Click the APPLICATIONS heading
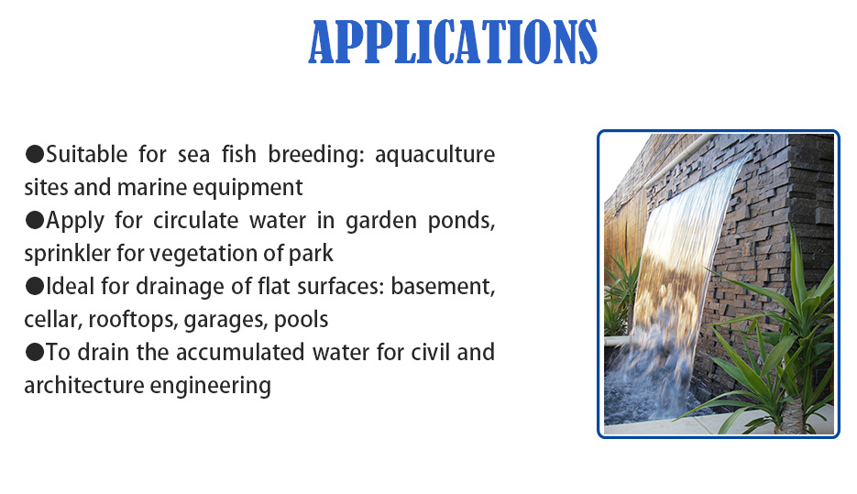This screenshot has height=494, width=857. point(453,41)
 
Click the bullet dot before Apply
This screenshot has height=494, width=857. point(34,220)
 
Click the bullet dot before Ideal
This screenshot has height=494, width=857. point(34,286)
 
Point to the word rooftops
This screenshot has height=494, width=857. point(135,320)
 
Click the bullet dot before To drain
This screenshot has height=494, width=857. point(34,352)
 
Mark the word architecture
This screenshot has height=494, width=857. point(79,386)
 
